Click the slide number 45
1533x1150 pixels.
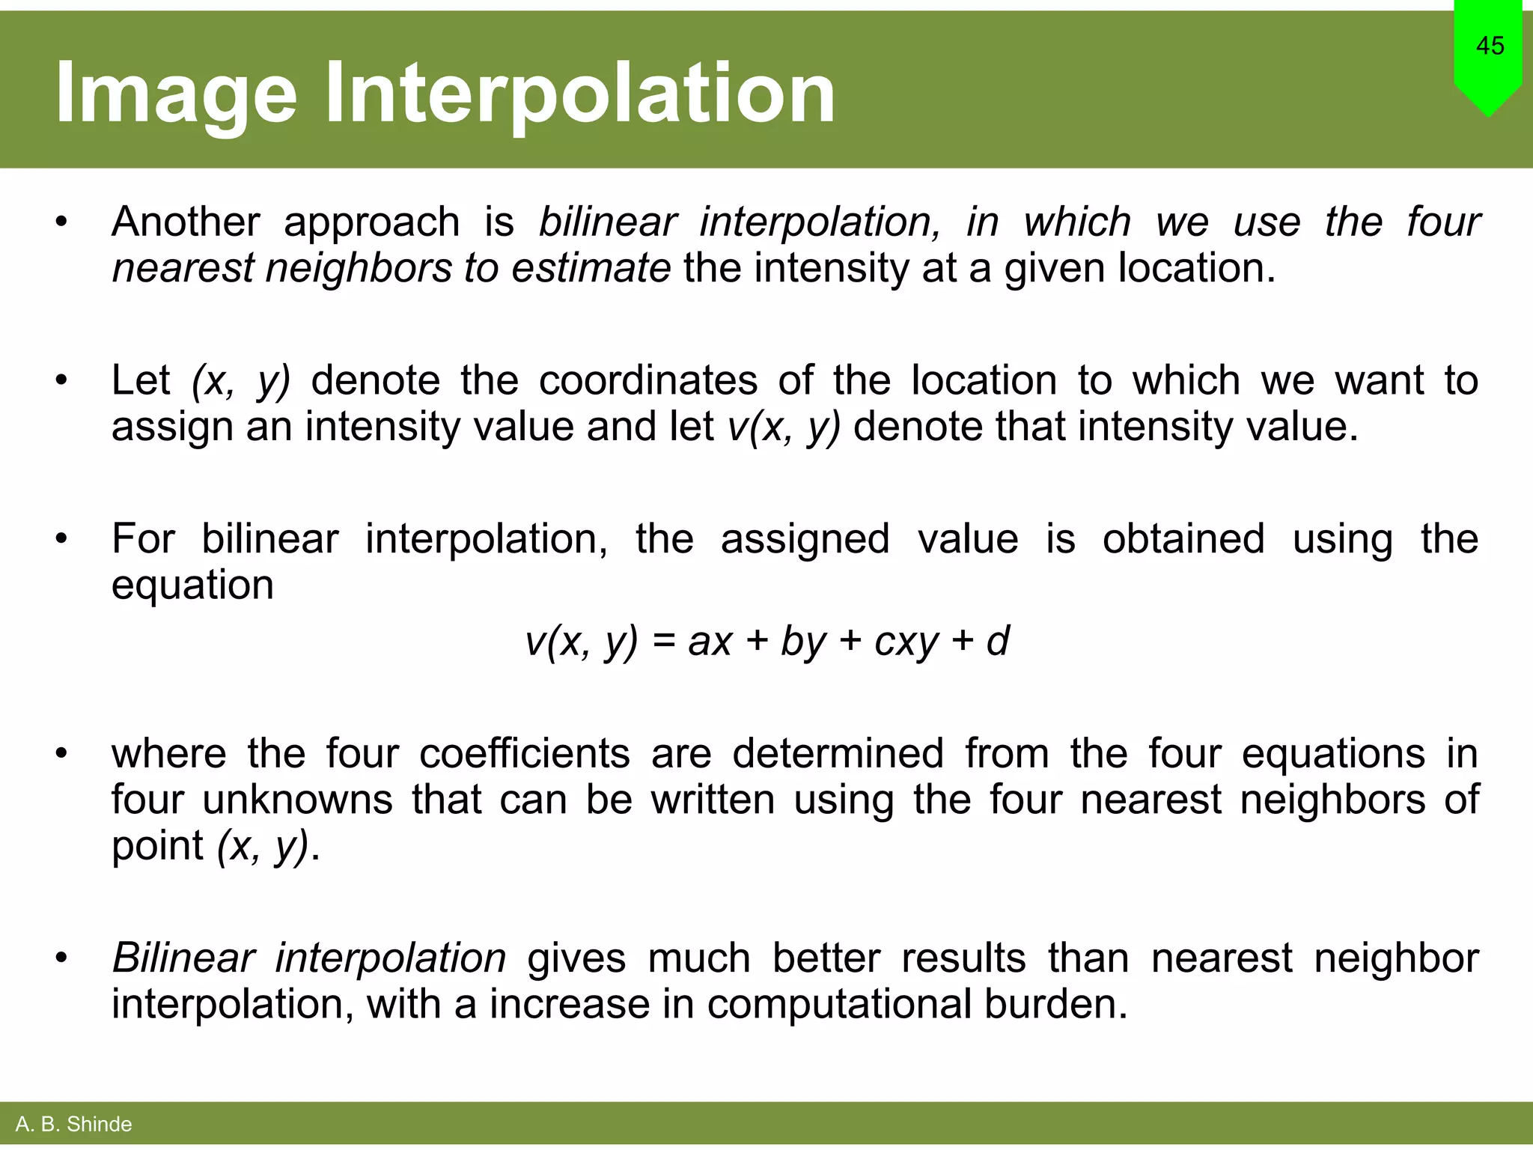[1490, 46]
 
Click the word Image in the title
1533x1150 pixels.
[176, 94]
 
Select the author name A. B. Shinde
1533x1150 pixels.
[73, 1124]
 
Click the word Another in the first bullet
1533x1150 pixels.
[186, 222]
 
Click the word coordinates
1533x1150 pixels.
[648, 380]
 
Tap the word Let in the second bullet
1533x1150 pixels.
[141, 380]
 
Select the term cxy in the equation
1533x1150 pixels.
[906, 642]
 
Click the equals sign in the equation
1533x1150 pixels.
[663, 642]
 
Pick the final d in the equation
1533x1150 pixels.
[998, 641]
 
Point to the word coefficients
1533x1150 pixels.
[524, 753]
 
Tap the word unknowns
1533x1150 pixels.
[297, 800]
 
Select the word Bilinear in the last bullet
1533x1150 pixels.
[183, 958]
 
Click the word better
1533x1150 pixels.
[826, 958]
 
